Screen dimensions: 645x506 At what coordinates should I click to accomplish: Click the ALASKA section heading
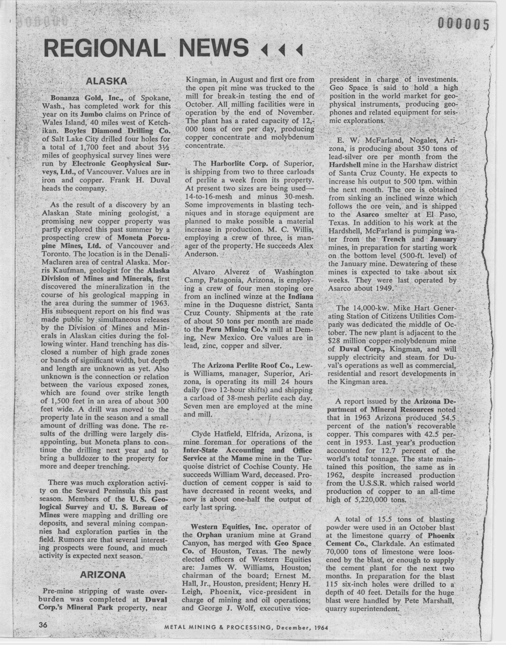pyautogui.click(x=106, y=81)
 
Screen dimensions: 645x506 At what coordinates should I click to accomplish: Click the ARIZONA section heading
pyautogui.click(x=103, y=575)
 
